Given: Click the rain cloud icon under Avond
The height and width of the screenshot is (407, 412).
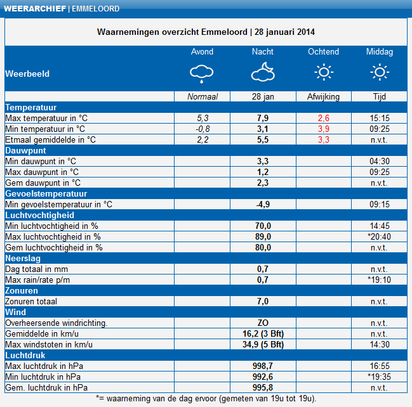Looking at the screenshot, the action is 201,74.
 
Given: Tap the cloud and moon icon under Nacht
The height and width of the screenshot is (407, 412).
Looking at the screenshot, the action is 263,72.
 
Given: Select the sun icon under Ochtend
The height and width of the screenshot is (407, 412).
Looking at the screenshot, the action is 324,72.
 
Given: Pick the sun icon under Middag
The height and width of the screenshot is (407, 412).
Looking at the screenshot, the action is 380,72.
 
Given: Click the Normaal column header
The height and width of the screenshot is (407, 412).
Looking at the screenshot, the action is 203,97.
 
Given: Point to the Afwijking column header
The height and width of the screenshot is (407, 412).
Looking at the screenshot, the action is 324,97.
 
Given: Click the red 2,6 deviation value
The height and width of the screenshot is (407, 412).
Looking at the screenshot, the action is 324,118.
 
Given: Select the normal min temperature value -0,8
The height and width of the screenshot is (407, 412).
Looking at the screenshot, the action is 203,129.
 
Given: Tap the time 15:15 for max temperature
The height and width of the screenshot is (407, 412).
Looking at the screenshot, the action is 380,118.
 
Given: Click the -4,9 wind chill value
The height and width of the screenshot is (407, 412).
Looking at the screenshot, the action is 263,204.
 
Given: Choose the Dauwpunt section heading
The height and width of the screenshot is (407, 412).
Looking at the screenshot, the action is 25,151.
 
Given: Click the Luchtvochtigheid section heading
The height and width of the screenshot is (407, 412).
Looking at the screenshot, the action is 39,215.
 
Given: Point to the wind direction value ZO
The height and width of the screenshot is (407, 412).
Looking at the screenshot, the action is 263,323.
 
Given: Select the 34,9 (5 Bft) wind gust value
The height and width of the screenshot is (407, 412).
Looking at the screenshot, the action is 263,344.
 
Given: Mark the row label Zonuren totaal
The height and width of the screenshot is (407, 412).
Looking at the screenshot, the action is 31,301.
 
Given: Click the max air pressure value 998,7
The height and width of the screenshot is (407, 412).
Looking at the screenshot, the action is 263,366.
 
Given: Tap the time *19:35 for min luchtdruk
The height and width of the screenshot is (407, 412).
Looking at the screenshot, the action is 379,377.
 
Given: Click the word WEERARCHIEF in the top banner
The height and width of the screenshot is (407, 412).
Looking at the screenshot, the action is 35,9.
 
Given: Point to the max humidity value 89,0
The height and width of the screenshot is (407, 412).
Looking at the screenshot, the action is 263,236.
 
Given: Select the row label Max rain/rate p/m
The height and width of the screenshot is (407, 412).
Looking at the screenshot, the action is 37,280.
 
